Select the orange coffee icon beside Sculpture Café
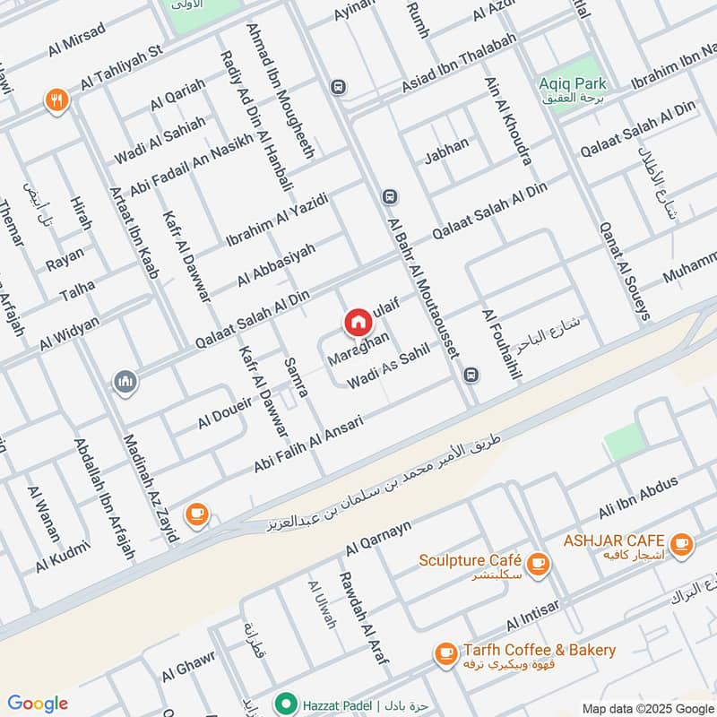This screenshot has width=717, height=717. tap(538, 562)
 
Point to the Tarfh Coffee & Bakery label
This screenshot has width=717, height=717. tap(540, 650)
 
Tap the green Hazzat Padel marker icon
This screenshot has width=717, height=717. tap(286, 703)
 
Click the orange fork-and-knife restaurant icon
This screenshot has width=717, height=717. tap(56, 100)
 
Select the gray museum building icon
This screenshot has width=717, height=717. tap(125, 383)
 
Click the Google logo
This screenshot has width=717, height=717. tap(38, 704)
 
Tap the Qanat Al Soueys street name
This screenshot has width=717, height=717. tap(624, 270)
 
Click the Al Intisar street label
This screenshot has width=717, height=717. tap(532, 615)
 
